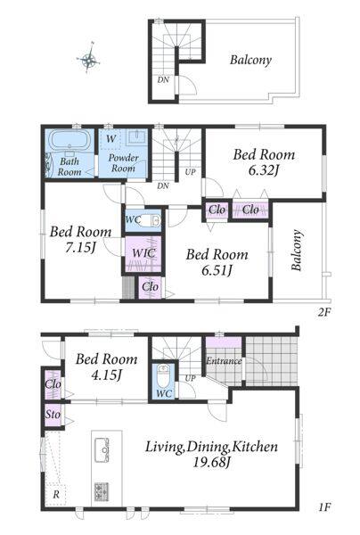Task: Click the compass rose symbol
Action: click(89, 60)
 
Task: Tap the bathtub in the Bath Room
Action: click(70, 140)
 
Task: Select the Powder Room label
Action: click(123, 163)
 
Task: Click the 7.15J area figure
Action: click(80, 248)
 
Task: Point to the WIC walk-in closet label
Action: click(143, 253)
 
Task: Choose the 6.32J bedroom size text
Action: click(264, 170)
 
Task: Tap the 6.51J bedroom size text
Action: click(217, 270)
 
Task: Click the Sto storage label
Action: click(53, 415)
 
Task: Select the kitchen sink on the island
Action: click(102, 450)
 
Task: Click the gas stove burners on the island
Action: click(102, 491)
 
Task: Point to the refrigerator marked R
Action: click(55, 495)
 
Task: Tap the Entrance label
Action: click(224, 360)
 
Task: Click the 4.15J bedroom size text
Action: click(106, 375)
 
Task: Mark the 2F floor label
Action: click(324, 312)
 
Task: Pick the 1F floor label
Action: click(325, 507)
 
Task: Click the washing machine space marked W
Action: click(110, 139)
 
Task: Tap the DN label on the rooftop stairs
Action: click(163, 80)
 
